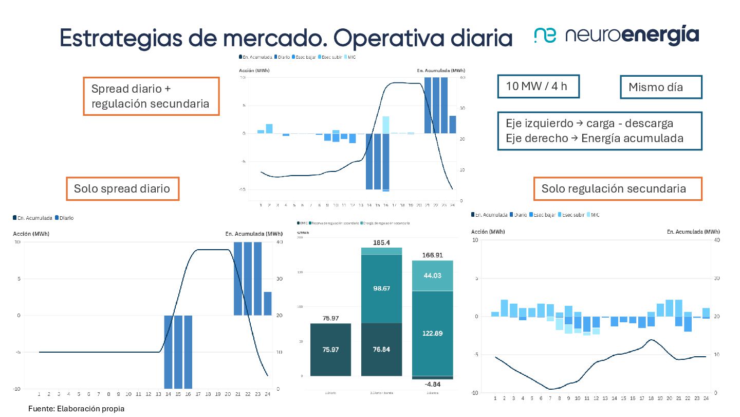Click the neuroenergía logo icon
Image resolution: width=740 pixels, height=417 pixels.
pyautogui.click(x=545, y=35)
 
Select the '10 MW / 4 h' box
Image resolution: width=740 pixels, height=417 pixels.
pyautogui.click(x=538, y=86)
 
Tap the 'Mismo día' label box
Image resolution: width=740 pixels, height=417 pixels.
pyautogui.click(x=661, y=87)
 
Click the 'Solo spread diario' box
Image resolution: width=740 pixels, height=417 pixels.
pyautogui.click(x=122, y=188)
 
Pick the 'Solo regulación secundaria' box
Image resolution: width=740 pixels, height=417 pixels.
pyautogui.click(x=617, y=188)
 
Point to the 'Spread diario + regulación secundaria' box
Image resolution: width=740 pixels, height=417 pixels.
pyautogui.click(x=151, y=96)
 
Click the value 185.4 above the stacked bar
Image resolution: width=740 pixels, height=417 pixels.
pyautogui.click(x=381, y=242)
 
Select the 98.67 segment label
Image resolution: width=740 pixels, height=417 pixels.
pyautogui.click(x=381, y=288)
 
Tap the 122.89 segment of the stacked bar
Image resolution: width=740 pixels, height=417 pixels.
pyautogui.click(x=432, y=333)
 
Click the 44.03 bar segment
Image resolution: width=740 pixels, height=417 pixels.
pyautogui.click(x=432, y=275)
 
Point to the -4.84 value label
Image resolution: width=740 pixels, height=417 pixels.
pyautogui.click(x=432, y=384)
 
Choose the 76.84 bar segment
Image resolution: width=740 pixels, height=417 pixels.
pyautogui.click(x=381, y=350)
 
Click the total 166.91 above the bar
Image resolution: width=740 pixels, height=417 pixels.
pyautogui.click(x=432, y=255)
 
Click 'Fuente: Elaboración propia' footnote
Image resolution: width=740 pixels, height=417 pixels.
pyautogui.click(x=76, y=409)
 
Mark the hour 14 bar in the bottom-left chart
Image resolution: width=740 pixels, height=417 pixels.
pyautogui.click(x=169, y=352)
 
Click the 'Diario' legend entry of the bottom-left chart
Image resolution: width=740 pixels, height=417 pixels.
pyautogui.click(x=64, y=218)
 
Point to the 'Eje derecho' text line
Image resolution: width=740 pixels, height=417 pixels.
pyautogui.click(x=595, y=138)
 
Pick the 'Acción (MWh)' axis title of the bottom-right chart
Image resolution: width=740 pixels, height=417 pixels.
pyautogui.click(x=486, y=232)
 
